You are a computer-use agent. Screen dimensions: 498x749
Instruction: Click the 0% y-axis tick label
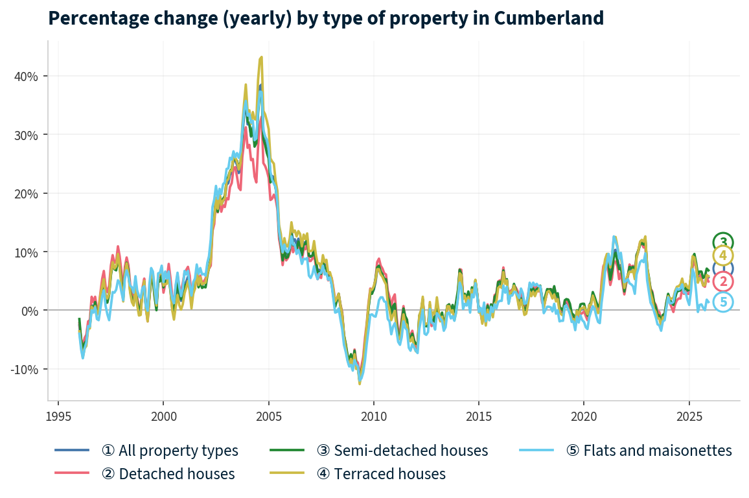[30, 311]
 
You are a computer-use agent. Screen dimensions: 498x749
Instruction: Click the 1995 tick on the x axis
[58, 414]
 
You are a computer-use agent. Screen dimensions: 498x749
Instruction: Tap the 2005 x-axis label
[268, 414]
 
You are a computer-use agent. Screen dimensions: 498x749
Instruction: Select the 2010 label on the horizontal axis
[373, 414]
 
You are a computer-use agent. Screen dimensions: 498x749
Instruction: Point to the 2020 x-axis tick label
[583, 414]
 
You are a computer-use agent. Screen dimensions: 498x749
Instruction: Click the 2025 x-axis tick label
[688, 414]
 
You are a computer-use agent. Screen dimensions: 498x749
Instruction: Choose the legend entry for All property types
[170, 450]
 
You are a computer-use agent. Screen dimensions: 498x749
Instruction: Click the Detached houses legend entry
[168, 474]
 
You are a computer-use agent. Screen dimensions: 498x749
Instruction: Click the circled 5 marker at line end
[723, 302]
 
